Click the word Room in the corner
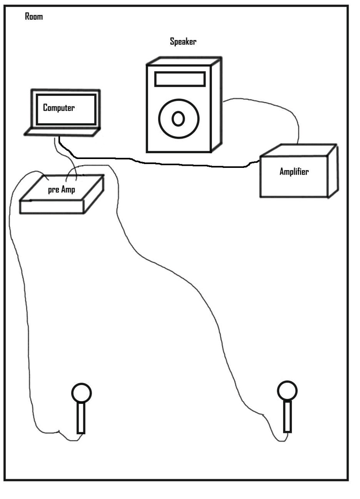coord(34,17)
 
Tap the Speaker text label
coord(183,41)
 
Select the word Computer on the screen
coord(59,108)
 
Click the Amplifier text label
coord(294,171)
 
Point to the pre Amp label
coord(61,190)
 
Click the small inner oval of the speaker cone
coord(178,119)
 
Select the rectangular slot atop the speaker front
coord(180,79)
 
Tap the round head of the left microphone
coord(81,393)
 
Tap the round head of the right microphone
coord(287,390)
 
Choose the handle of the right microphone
coord(287,416)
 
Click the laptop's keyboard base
coord(62,132)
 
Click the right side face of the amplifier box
coord(333,170)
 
